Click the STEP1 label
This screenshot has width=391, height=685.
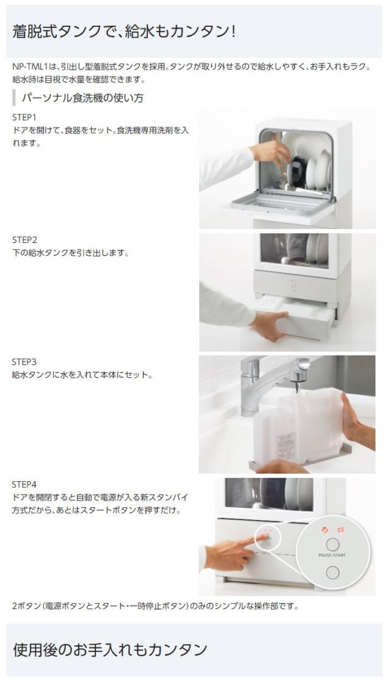[x=24, y=117]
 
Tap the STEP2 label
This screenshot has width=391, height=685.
[x=24, y=240]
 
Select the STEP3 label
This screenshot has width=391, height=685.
[x=24, y=362]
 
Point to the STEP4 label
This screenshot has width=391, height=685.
[x=24, y=485]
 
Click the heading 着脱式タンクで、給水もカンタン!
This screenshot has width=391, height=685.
[x=124, y=32]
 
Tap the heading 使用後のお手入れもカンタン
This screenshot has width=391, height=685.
[x=110, y=650]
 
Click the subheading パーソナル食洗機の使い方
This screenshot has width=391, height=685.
[x=82, y=98]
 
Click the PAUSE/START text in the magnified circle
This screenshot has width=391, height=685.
[x=332, y=555]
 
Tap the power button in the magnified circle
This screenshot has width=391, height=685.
[x=332, y=573]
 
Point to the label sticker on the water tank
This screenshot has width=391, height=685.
[x=287, y=445]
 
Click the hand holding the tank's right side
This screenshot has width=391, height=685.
[x=357, y=421]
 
